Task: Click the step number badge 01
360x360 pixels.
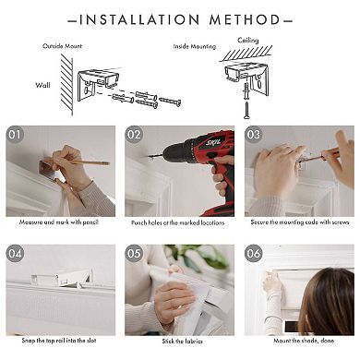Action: [16, 134]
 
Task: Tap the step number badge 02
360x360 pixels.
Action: [136, 134]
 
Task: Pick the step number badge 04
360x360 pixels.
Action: [16, 252]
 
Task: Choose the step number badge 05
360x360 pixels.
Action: [136, 252]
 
